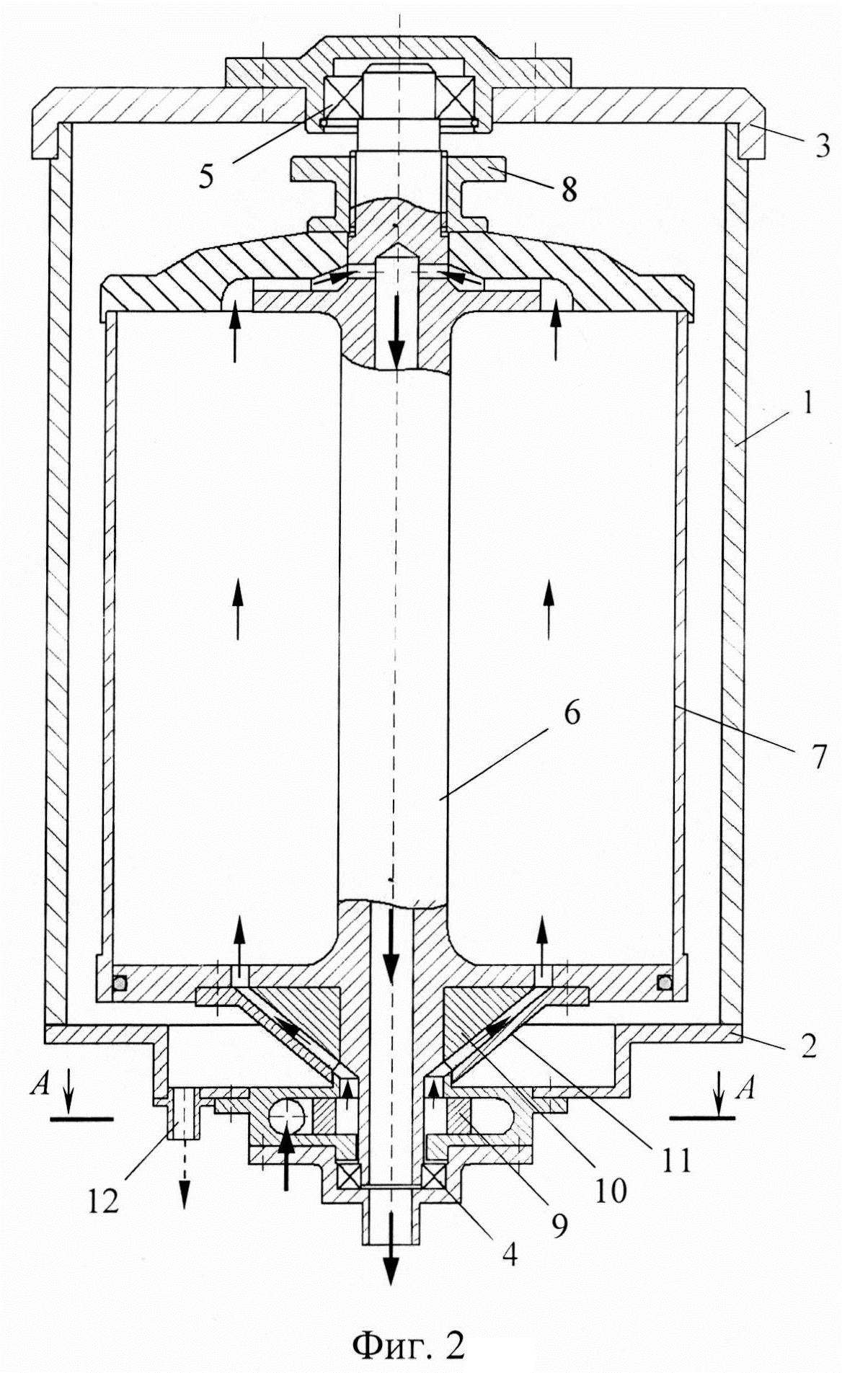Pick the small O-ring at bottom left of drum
120,982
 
